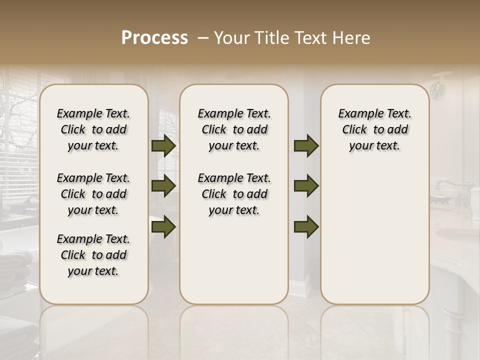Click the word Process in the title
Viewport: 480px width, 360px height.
click(154, 38)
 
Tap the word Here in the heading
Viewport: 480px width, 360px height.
click(353, 38)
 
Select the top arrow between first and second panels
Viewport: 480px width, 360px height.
click(163, 146)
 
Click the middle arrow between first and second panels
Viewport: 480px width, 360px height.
click(163, 186)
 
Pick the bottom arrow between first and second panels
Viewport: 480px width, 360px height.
click(163, 226)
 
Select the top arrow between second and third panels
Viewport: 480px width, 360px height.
click(306, 146)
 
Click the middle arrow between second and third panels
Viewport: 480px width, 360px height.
click(306, 186)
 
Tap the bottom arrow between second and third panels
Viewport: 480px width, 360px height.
click(306, 226)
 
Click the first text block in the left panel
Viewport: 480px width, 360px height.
click(93, 129)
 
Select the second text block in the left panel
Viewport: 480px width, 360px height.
click(93, 194)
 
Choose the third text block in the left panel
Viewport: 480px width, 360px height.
click(93, 255)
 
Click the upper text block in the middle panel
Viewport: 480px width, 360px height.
click(234, 129)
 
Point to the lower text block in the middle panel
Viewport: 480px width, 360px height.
click(234, 194)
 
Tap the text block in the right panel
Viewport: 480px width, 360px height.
click(375, 129)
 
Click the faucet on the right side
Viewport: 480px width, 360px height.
click(447, 186)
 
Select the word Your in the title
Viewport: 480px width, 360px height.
click(233, 38)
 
